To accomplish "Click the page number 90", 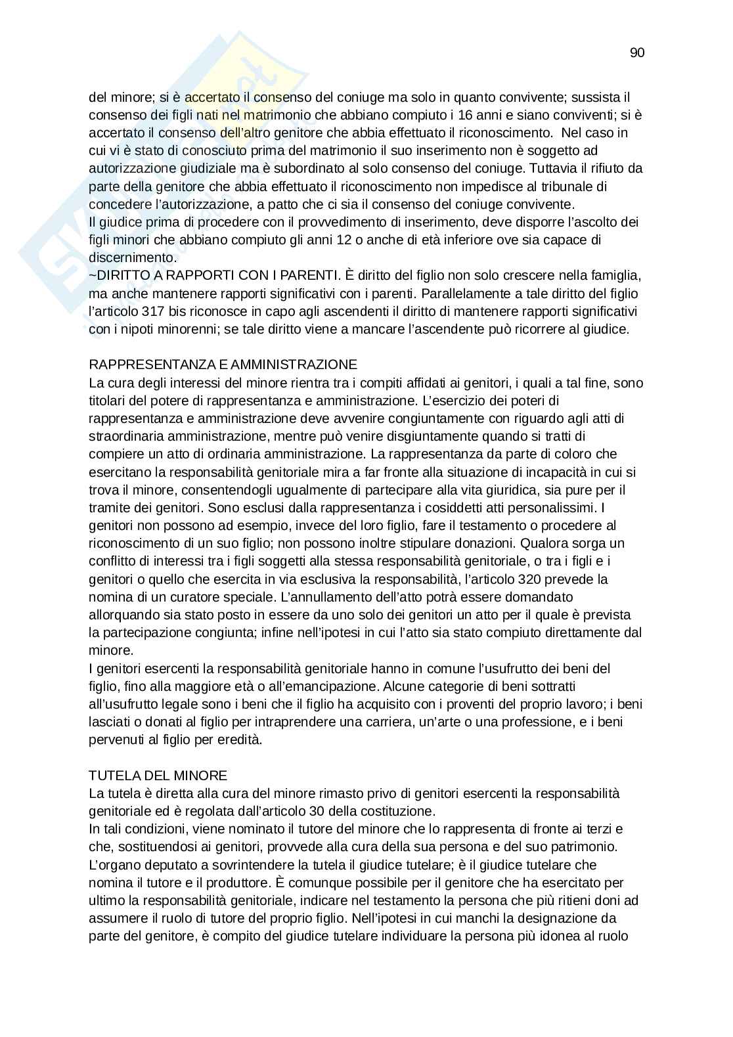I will coord(636,53).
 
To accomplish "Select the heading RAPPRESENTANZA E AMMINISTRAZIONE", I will coord(223,364).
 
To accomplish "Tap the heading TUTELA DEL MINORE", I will coord(158,776).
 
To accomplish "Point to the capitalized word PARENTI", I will coord(308,275).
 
